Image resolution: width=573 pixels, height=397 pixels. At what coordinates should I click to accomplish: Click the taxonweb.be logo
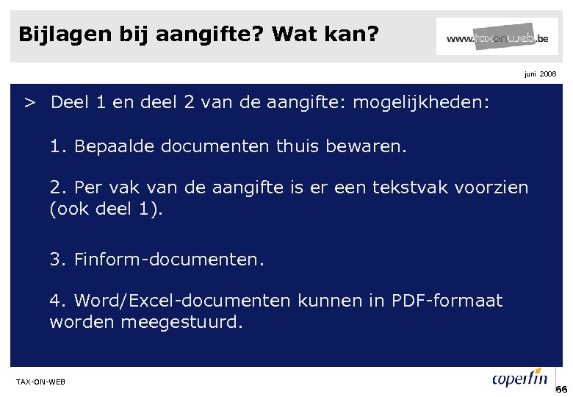(497, 37)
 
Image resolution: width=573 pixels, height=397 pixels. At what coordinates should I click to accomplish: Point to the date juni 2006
(540, 74)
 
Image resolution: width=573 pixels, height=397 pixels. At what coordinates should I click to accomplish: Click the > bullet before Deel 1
(29, 102)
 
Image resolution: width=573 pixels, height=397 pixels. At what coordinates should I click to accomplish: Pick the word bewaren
(372, 146)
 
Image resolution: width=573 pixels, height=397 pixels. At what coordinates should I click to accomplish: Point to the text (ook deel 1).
(107, 209)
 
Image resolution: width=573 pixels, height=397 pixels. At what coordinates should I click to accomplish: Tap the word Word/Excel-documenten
(184, 301)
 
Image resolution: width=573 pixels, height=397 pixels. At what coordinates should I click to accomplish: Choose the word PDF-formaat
(447, 301)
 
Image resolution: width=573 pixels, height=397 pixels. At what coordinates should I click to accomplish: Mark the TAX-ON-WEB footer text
(40, 381)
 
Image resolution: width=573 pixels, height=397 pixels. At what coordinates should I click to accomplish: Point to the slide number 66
(562, 389)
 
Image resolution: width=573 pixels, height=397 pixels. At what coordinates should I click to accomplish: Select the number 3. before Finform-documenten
(58, 260)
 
